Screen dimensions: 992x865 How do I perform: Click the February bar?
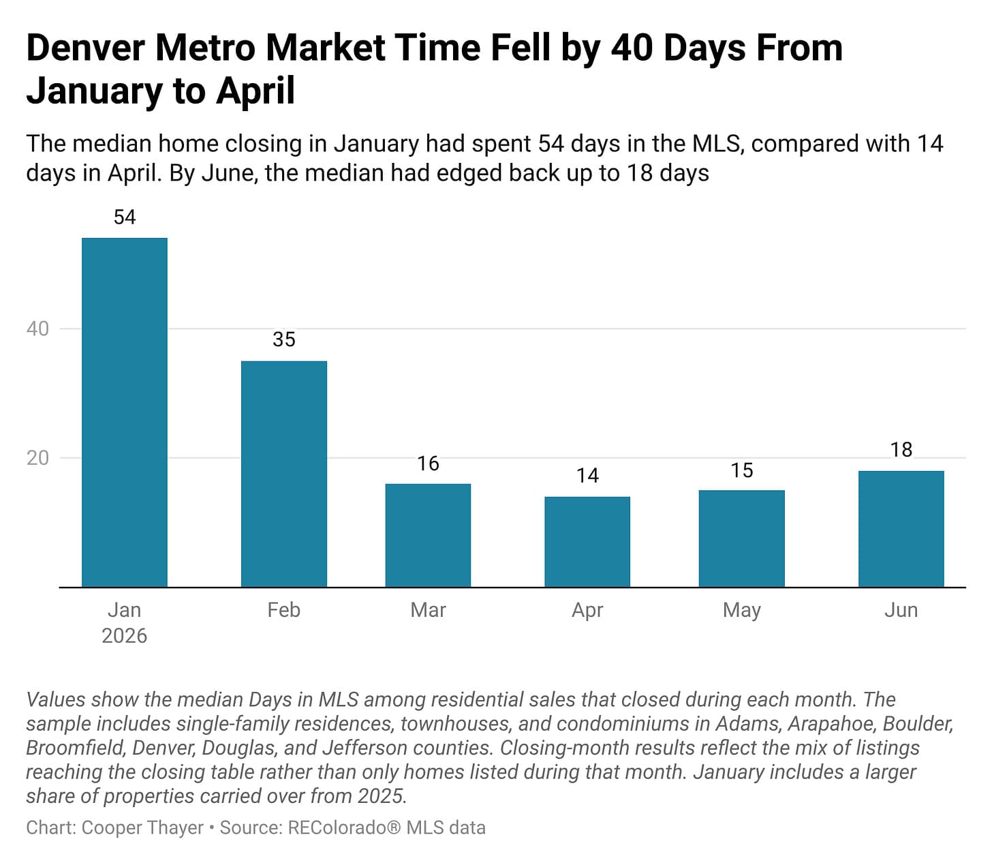click(x=283, y=474)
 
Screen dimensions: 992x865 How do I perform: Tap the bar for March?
click(x=428, y=535)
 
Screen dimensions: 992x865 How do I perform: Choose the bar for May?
click(x=741, y=538)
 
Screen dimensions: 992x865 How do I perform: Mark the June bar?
click(x=901, y=529)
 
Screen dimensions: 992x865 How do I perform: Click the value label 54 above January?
click(x=125, y=217)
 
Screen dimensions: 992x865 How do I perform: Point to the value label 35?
click(x=283, y=339)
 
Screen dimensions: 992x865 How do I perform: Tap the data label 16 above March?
click(x=428, y=464)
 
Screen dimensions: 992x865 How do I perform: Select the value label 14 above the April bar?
click(x=587, y=475)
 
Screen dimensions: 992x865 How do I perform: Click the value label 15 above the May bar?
click(x=742, y=470)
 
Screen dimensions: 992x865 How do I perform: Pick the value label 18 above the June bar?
click(x=901, y=450)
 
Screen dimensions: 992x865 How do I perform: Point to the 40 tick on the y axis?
click(x=37, y=329)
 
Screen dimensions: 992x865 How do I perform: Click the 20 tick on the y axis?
click(x=37, y=458)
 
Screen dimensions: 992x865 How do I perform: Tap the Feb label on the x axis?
click(x=283, y=610)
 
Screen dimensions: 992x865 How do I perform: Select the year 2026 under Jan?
click(x=124, y=636)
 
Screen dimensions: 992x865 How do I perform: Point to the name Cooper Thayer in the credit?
click(x=142, y=828)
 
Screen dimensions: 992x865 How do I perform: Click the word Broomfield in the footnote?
click(x=76, y=748)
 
